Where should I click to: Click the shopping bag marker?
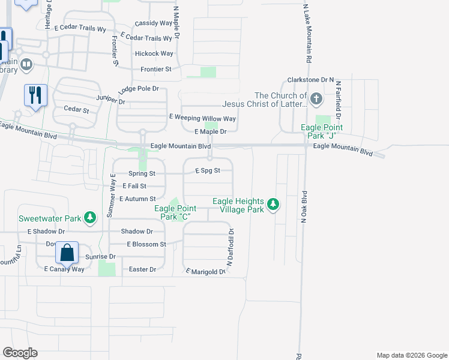[x=67, y=253]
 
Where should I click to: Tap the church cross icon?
[x=316, y=98]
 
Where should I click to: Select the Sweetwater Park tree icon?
[x=90, y=217]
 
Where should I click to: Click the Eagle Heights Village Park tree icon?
[x=273, y=205]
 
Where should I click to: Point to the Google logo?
[x=20, y=353]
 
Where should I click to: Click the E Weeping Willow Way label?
[x=202, y=119]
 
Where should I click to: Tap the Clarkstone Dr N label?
[x=310, y=79]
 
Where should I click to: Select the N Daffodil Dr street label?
[x=229, y=247]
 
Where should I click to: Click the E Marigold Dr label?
[x=205, y=272]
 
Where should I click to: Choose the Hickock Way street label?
[x=154, y=53]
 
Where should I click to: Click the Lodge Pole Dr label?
[x=139, y=89]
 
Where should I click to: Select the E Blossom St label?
[x=146, y=244]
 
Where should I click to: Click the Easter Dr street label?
[x=142, y=269]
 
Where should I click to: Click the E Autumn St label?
[x=137, y=199]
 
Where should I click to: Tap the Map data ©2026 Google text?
[x=411, y=355]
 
